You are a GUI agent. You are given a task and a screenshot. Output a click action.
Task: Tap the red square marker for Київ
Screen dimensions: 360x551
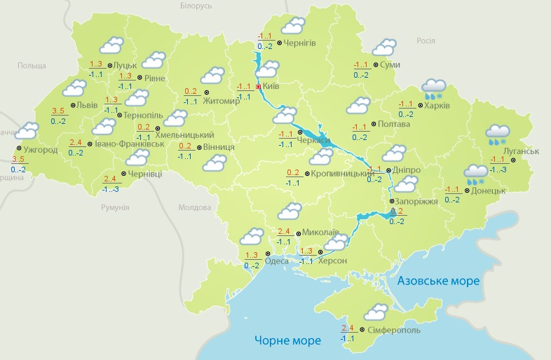click(x=258, y=87)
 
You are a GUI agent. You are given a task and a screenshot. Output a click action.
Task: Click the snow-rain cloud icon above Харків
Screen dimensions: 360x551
click(x=434, y=89)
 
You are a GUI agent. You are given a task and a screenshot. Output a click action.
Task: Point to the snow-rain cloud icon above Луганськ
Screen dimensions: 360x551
click(x=498, y=134)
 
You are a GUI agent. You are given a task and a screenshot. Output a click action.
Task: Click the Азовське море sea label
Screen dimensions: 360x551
click(x=438, y=281)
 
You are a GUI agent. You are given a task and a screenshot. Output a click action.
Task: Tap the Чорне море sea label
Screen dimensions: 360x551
click(x=287, y=341)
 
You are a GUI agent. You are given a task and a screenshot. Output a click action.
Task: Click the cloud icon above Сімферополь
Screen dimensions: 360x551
click(x=376, y=312)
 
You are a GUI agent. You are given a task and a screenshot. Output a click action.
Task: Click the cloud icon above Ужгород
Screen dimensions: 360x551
click(x=27, y=131)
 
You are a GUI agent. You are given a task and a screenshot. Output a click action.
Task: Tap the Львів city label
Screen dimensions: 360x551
click(x=88, y=106)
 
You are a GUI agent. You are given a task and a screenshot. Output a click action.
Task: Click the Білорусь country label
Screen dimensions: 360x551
click(x=196, y=6)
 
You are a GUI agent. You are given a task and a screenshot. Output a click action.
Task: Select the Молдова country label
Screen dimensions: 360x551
click(x=194, y=208)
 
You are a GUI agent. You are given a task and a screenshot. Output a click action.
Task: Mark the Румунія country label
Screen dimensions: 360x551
click(x=115, y=208)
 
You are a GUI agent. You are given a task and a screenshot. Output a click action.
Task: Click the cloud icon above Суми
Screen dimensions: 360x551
click(x=384, y=48)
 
